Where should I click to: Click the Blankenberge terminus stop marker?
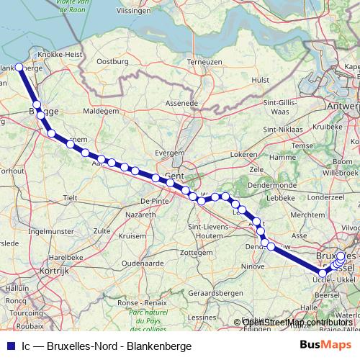(20, 68)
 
